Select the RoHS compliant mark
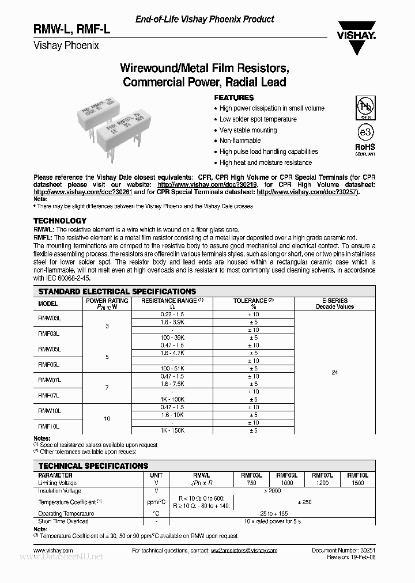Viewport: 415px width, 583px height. pyautogui.click(x=364, y=149)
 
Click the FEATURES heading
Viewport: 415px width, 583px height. pyautogui.click(x=234, y=98)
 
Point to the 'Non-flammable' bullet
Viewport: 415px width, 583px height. pyautogui.click(x=240, y=141)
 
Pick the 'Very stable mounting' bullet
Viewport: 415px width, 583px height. pyautogui.click(x=248, y=130)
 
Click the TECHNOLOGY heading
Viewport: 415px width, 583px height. pyautogui.click(x=60, y=221)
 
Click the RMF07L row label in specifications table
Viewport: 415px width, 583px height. pyautogui.click(x=50, y=396)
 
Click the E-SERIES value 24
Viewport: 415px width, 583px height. pyautogui.click(x=335, y=372)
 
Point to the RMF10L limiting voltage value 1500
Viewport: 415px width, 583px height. pyautogui.click(x=357, y=483)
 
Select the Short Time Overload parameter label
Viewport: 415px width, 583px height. pyautogui.click(x=63, y=521)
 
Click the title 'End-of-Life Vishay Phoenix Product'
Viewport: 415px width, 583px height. pyautogui.click(x=205, y=20)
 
